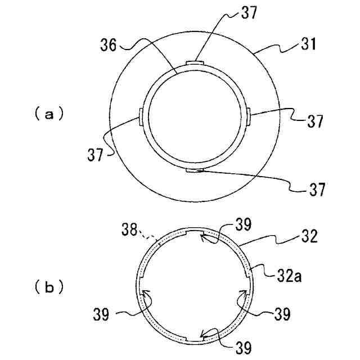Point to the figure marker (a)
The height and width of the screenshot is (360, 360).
(48, 114)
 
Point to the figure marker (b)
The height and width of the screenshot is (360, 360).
(48, 287)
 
